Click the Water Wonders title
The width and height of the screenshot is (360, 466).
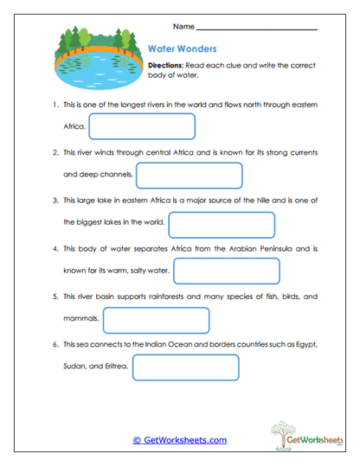[x=182, y=49]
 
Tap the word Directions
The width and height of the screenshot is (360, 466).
[x=164, y=65]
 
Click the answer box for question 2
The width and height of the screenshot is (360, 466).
[x=189, y=175]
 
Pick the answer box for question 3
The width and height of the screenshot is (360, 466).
[x=222, y=224]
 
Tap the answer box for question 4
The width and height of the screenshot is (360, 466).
[x=227, y=271]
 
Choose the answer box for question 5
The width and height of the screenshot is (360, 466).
[x=157, y=320]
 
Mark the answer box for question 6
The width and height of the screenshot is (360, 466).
[x=185, y=367]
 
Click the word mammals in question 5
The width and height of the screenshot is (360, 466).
[x=81, y=320]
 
